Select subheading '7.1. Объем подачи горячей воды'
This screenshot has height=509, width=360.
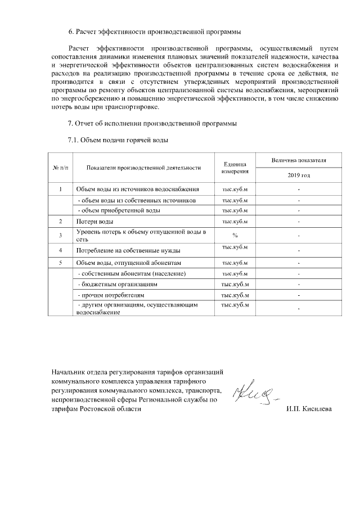coord(118,140)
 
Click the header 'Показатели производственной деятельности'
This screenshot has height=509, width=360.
coord(144,167)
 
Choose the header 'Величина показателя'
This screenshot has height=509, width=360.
coord(298,160)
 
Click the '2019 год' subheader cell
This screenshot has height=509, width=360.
coord(298,175)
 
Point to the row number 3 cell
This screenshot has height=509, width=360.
coord(60,235)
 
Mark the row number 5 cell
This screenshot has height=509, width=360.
coord(60,263)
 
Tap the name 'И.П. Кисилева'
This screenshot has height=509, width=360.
coord(309,409)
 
